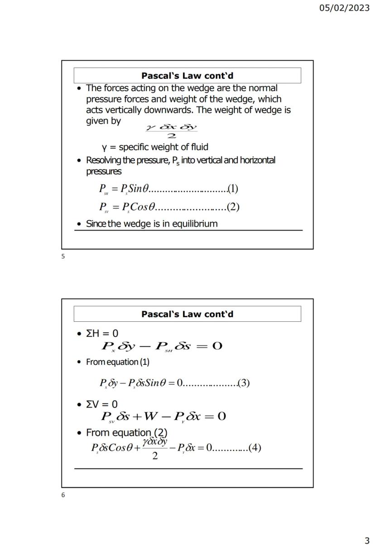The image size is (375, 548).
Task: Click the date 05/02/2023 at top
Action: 344,8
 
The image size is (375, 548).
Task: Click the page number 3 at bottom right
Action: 367,541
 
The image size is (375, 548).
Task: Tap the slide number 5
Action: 63,257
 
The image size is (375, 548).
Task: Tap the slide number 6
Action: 63,495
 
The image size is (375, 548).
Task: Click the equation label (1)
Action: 233,188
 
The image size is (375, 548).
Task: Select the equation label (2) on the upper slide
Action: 233,207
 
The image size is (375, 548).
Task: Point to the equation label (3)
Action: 244,383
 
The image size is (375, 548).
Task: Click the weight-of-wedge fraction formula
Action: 172,131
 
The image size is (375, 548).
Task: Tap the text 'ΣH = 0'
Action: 102,334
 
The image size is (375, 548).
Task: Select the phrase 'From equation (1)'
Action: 118,362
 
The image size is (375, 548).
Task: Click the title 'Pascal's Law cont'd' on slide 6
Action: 187,314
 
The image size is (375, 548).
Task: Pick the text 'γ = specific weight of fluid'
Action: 155,147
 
